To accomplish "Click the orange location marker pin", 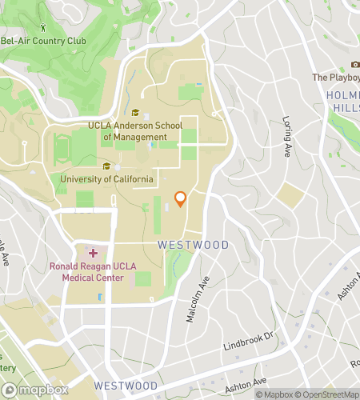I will coord(181,199).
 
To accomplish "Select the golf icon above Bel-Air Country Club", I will coord(54,28).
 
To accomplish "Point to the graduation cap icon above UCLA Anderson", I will coord(135,113).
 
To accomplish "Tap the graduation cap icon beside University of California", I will coord(106,166).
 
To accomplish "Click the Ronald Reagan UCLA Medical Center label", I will coord(87,272).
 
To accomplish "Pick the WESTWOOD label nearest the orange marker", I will coord(193,245).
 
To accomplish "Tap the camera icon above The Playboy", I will coord(355,64).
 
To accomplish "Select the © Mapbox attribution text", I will coord(274,394).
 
